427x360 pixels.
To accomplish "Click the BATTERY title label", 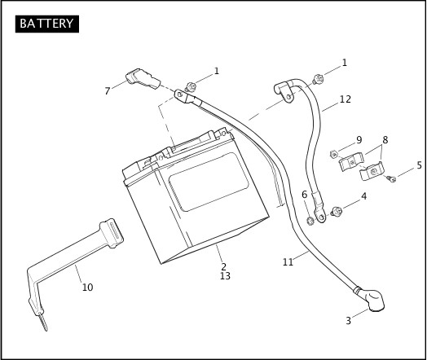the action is [x=46, y=24].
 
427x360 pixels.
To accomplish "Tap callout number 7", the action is [x=108, y=91].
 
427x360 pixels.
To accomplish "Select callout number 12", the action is [x=346, y=99].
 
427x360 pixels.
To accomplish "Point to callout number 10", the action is [x=87, y=288].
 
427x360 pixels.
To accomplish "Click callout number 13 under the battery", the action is [x=225, y=276].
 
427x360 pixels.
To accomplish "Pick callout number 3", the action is [x=348, y=321].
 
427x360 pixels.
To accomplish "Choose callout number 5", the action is [x=419, y=165].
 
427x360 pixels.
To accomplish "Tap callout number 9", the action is [x=359, y=140].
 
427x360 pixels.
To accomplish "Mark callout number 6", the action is [x=305, y=195].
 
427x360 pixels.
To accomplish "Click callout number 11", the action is [x=288, y=262].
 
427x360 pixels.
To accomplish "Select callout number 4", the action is [x=363, y=196].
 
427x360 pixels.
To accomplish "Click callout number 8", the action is [x=385, y=140].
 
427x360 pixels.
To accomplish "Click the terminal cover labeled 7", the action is [x=143, y=79].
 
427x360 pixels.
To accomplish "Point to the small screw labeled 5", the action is [x=391, y=178].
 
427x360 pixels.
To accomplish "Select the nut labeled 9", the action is [x=333, y=154].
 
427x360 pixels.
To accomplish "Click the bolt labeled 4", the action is [x=337, y=212].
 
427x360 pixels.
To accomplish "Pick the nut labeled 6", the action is [x=310, y=221].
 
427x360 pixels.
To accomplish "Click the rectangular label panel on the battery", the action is [x=209, y=182].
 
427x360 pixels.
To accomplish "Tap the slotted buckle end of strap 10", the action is [x=112, y=233].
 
